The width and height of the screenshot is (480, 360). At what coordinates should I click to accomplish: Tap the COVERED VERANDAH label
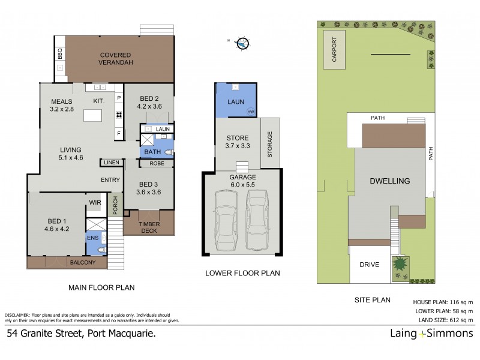tap(116, 58)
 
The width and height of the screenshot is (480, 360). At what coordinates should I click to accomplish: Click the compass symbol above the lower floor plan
tap(242, 43)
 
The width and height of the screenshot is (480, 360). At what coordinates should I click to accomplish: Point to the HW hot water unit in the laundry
tap(250, 112)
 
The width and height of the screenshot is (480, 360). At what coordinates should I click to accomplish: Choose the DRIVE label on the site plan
tap(368, 264)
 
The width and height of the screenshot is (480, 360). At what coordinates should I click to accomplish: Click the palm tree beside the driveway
tap(400, 263)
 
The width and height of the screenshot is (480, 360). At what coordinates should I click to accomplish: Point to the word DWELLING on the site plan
tap(389, 181)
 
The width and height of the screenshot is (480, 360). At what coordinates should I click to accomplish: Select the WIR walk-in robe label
tap(94, 202)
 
